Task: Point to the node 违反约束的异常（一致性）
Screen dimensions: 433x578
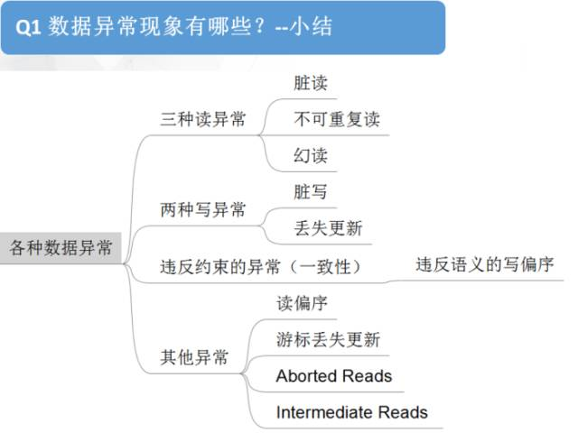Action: (260, 266)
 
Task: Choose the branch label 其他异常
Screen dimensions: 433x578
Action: (193, 357)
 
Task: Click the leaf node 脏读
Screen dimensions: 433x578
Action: (310, 83)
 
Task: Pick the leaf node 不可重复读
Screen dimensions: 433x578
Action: (337, 119)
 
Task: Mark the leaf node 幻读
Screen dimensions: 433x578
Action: (310, 155)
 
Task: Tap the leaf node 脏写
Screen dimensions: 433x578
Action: (310, 192)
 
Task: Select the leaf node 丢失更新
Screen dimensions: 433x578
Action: (328, 228)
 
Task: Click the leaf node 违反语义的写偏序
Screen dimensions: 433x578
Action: (484, 265)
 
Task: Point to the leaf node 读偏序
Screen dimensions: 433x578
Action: (302, 303)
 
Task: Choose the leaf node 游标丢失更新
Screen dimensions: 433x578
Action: (328, 339)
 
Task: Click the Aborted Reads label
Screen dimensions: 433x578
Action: (334, 375)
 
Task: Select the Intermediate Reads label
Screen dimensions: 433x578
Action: (351, 412)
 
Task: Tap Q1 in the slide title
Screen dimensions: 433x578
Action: (29, 27)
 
